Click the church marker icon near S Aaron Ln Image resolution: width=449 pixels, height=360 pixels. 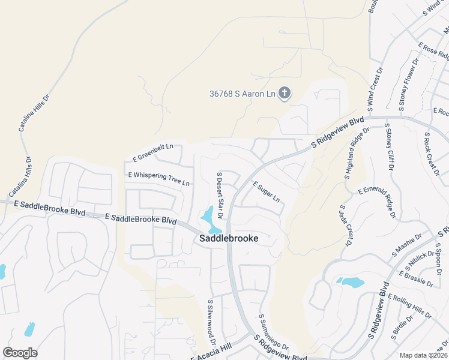click(x=285, y=93)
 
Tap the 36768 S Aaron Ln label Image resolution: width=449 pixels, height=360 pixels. click(x=242, y=94)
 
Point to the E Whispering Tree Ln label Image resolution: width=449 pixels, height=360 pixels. click(x=158, y=178)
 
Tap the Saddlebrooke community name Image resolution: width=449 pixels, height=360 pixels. click(x=229, y=238)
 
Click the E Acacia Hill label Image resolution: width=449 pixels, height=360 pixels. click(x=211, y=352)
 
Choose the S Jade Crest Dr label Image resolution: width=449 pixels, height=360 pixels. click(x=345, y=225)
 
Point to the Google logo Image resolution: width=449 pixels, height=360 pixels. click(x=20, y=353)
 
